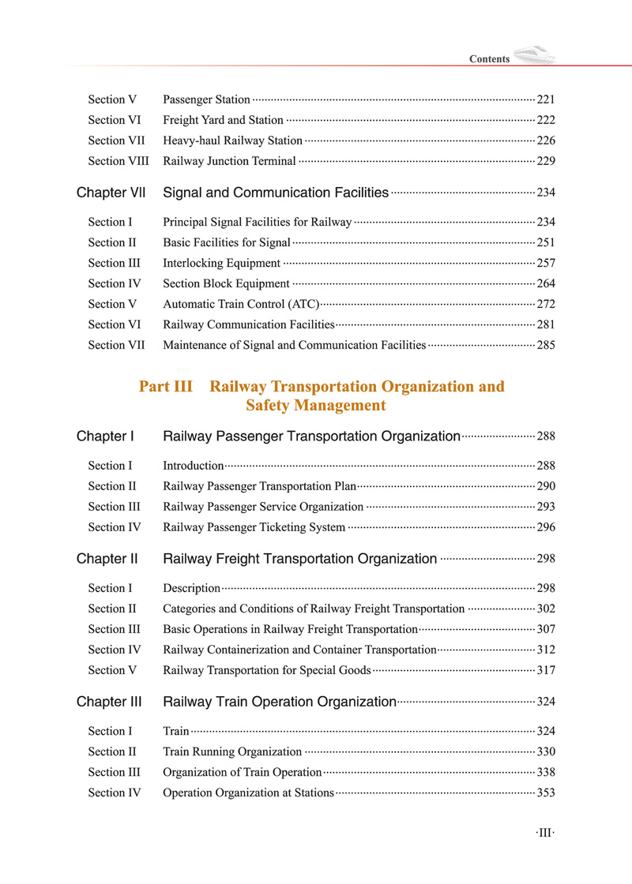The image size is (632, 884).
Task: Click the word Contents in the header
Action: [x=489, y=59]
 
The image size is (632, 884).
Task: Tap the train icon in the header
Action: [x=534, y=56]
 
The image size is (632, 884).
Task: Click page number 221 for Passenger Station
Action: [x=546, y=99]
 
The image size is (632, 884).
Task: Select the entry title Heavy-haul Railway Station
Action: [x=232, y=140]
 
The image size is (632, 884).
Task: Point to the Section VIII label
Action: [x=118, y=161]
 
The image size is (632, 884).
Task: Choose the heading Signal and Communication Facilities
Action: [x=275, y=193]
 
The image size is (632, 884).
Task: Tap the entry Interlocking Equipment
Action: [x=221, y=263]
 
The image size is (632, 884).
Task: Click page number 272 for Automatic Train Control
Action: [x=546, y=304]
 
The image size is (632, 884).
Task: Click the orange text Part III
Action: [x=166, y=387]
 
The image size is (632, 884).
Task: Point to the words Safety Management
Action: [x=315, y=406]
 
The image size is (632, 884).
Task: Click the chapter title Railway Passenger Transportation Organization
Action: [x=311, y=436]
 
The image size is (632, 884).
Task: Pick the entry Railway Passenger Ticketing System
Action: [x=254, y=527]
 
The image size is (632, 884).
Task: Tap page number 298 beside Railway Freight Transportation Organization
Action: [x=546, y=559]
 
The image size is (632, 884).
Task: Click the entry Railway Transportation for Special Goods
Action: [x=266, y=670]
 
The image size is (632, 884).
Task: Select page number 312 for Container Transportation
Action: [x=546, y=650]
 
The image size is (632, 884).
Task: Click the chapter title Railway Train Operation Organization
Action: [x=279, y=702]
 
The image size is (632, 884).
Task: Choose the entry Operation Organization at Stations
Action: [x=248, y=792]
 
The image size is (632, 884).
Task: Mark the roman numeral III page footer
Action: [x=544, y=833]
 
